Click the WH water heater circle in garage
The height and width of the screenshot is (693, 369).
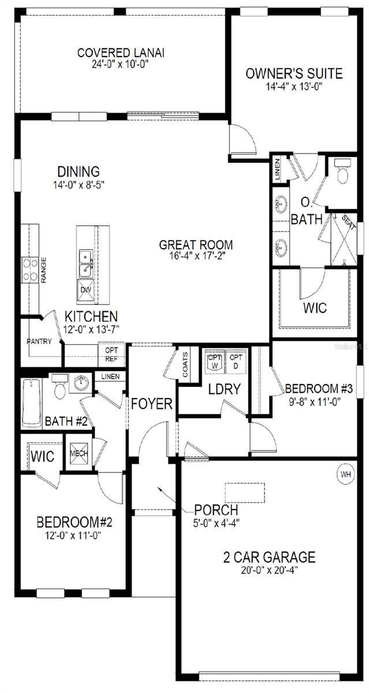346,474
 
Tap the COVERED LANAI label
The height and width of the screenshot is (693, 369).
121,53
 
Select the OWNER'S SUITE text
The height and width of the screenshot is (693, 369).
294,73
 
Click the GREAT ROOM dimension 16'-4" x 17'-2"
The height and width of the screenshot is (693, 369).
196,256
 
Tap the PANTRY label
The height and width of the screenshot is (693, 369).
39,341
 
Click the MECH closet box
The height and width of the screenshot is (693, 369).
79,453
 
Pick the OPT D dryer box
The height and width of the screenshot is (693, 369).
236,362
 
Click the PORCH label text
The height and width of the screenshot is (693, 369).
216,510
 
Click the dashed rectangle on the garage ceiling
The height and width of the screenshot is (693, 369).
244,492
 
